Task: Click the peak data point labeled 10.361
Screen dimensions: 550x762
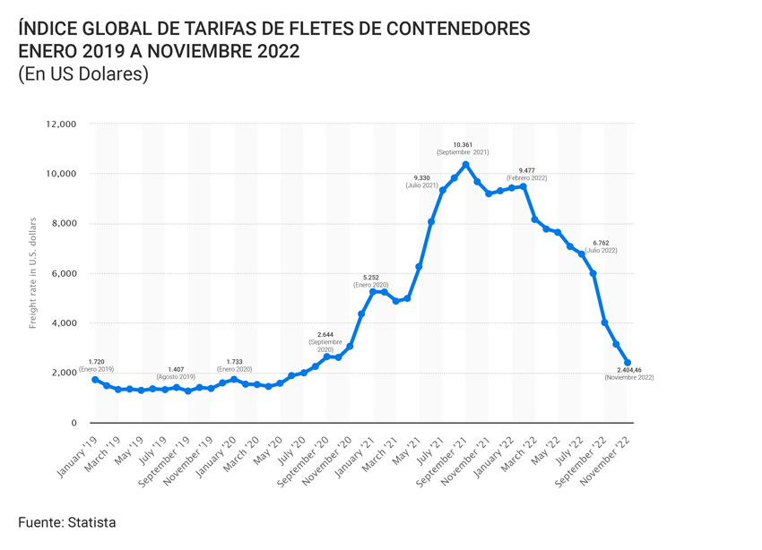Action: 465,164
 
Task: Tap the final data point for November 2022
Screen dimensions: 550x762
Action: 628,363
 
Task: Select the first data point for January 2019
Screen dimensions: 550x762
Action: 95,380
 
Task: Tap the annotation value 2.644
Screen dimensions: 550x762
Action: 326,333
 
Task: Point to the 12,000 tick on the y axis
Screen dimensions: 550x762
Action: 60,124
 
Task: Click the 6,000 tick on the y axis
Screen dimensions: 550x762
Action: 63,273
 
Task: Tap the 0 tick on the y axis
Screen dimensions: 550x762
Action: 74,422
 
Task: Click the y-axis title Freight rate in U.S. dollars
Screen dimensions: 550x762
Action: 33,272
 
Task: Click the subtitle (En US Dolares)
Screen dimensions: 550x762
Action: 82,75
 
